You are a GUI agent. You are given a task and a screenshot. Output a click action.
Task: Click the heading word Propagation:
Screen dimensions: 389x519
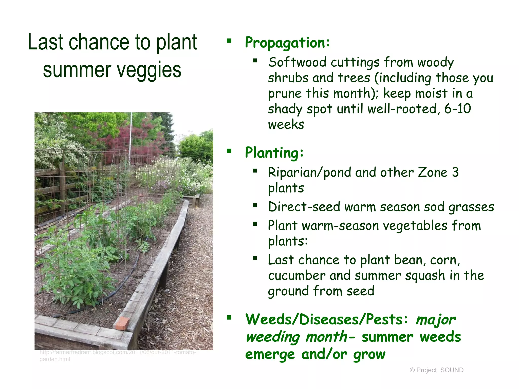(287, 43)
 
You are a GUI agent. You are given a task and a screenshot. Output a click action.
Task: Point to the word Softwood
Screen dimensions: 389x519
(297, 62)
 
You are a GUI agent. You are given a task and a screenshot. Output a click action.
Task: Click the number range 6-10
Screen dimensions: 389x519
(458, 109)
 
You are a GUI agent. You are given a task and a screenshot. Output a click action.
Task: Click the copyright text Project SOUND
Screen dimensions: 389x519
(436, 370)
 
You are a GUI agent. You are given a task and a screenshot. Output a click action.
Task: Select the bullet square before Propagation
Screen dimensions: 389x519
(229, 41)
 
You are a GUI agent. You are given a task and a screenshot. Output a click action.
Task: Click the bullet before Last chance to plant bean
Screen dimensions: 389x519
(255, 258)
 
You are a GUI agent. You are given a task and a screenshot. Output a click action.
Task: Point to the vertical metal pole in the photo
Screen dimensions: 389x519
(131, 137)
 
